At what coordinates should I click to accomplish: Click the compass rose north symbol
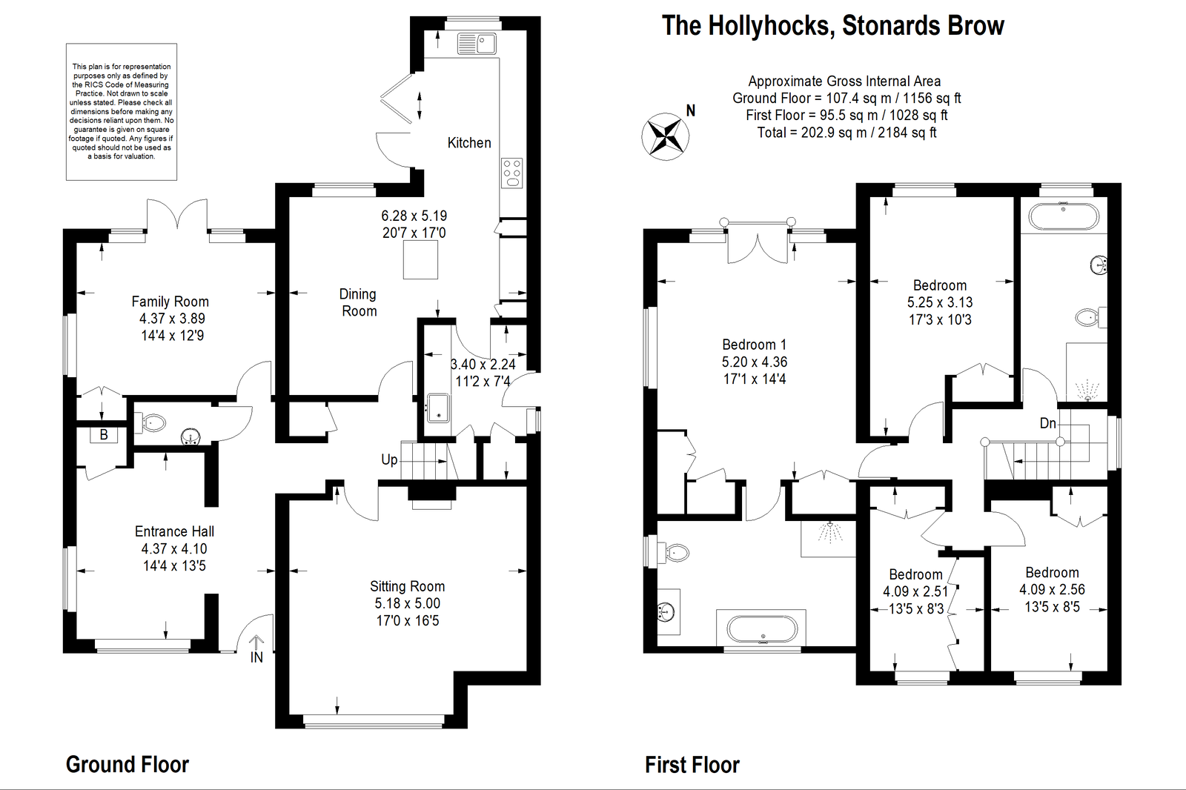click(666, 136)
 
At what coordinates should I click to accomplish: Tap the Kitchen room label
click(469, 142)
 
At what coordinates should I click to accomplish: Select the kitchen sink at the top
click(477, 44)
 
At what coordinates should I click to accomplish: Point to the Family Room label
click(170, 302)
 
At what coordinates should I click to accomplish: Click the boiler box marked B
click(104, 435)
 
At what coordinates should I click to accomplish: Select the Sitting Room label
click(407, 586)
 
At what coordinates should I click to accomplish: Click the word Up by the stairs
click(389, 459)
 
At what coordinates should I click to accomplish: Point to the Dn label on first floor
click(1047, 423)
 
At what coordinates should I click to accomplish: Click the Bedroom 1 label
click(754, 345)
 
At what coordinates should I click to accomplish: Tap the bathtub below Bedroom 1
click(762, 629)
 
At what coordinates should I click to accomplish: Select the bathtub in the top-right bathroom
click(1064, 216)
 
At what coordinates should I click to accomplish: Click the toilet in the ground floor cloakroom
click(153, 423)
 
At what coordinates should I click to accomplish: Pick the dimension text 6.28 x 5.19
click(414, 216)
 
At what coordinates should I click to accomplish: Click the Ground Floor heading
click(127, 764)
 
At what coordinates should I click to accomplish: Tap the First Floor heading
click(692, 764)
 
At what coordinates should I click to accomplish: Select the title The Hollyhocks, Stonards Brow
click(832, 26)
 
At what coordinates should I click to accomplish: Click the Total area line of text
click(847, 133)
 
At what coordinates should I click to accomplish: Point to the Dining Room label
click(359, 302)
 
